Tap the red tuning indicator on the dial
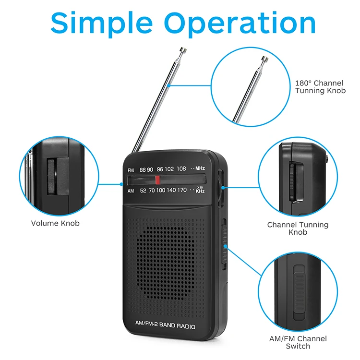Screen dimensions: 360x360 [x=157, y=180]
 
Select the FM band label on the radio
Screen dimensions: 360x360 [x=131, y=170]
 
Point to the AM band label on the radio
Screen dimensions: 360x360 [x=131, y=191]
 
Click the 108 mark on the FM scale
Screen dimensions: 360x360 [x=181, y=169]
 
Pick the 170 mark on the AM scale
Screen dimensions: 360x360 [x=181, y=190]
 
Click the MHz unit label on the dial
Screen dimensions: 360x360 [x=200, y=169]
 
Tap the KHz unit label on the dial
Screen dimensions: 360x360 [x=200, y=191]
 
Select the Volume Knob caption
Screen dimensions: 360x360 [x=55, y=223]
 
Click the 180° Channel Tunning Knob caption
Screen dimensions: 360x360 [x=320, y=87]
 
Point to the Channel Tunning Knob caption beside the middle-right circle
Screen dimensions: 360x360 [x=298, y=228]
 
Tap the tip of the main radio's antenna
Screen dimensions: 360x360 [x=182, y=49]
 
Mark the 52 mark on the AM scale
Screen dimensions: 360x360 [x=143, y=190]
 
